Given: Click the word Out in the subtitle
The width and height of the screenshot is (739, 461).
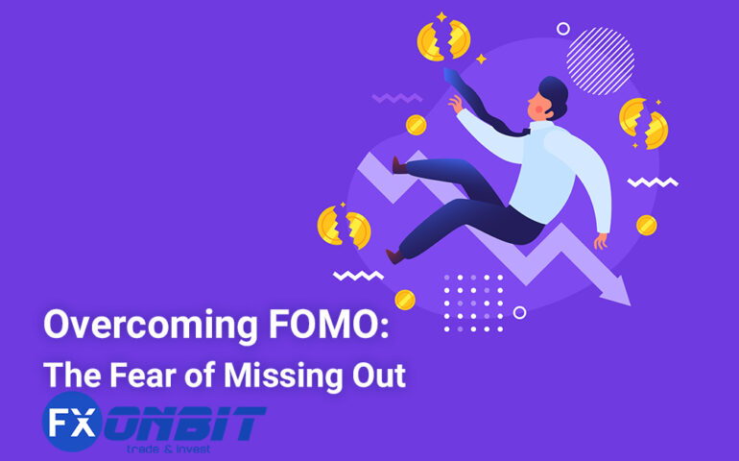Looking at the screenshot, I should pos(380,374).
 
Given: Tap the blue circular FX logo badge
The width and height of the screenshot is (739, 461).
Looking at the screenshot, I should pos(71,423).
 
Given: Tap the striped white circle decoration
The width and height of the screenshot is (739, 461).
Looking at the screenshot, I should pos(600,61).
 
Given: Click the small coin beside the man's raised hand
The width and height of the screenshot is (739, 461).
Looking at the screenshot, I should pos(416,125).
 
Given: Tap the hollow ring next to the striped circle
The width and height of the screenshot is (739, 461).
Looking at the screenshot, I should pos(562,29).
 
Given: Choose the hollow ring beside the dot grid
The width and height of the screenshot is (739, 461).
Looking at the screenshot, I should pos(519,312).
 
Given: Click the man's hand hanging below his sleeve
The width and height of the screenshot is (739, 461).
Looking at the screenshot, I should pos(601,240).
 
